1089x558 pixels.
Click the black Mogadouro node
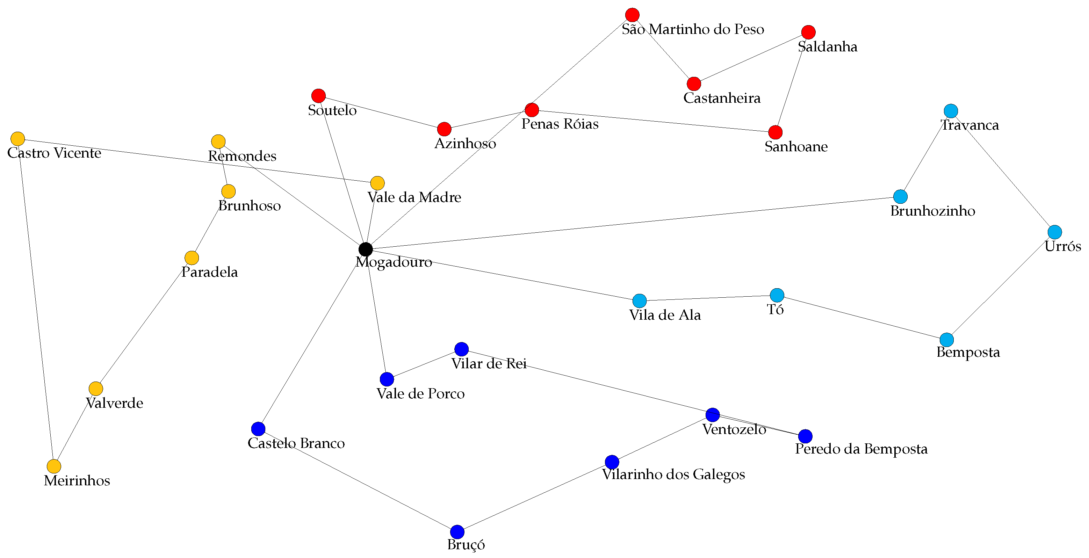click(x=365, y=249)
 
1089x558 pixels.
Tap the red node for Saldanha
click(x=808, y=32)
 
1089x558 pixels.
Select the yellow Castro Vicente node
click(x=17, y=139)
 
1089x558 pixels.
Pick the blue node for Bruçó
click(x=457, y=532)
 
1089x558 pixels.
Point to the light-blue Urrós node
click(x=1055, y=232)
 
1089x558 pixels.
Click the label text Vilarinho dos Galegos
click(x=673, y=474)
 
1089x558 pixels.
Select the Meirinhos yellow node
click(x=54, y=466)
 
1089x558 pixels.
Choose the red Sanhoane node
click(x=775, y=132)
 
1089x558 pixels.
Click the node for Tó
click(x=777, y=295)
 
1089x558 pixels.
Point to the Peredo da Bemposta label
click(x=861, y=449)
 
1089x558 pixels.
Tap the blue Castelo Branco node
click(x=258, y=429)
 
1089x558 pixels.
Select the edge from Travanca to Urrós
click(x=1003, y=172)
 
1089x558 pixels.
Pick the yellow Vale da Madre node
click(x=377, y=183)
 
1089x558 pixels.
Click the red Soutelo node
click(x=318, y=95)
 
